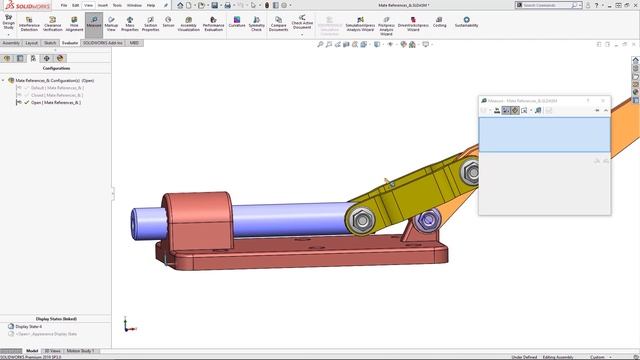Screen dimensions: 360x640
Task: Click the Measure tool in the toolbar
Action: [92, 24]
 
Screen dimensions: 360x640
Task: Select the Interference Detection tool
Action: [29, 24]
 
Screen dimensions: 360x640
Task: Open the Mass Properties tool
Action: [130, 24]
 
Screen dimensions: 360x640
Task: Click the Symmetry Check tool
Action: [257, 24]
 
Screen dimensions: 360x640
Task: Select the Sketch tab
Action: [50, 43]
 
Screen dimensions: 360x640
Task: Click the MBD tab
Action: [134, 43]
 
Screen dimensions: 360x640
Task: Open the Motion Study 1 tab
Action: [80, 351]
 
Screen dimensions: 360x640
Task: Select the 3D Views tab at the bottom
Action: [53, 351]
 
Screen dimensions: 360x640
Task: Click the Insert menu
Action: [103, 5]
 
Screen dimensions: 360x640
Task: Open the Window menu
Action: [133, 5]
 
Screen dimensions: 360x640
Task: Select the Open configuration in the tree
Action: [55, 102]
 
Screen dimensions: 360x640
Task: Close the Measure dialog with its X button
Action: [602, 101]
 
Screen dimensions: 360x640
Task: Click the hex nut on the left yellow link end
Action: [362, 216]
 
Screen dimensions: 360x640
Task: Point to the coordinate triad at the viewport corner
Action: [127, 325]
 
